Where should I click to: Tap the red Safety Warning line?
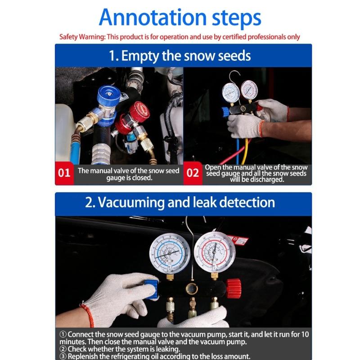tap(180, 37)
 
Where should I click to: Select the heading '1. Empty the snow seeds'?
tap(180, 56)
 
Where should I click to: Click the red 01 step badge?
tap(64, 173)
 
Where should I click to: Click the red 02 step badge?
tap(193, 173)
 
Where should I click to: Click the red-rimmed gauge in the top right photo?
tap(248, 90)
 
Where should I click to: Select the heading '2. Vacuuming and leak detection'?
tap(180, 202)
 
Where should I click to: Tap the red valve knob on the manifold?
tap(233, 288)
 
